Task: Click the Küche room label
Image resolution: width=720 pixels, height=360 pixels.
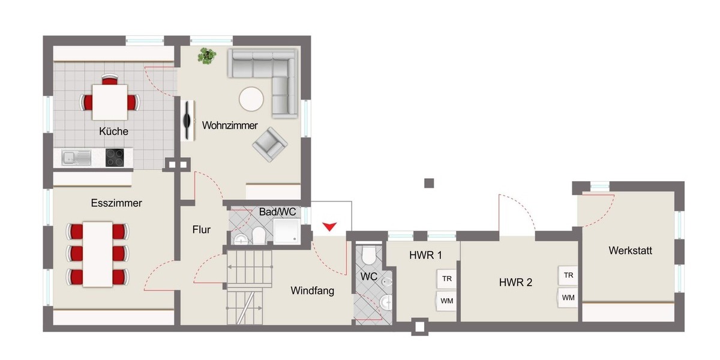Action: pyautogui.click(x=114, y=131)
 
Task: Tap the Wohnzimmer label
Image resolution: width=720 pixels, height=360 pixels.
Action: pyautogui.click(x=230, y=126)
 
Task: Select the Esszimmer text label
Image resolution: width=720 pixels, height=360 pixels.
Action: pyautogui.click(x=116, y=203)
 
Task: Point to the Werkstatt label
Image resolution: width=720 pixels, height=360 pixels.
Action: pyautogui.click(x=630, y=250)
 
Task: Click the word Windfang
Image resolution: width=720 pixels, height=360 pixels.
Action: pyautogui.click(x=312, y=291)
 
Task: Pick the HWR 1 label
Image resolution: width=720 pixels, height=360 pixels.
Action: pyautogui.click(x=425, y=255)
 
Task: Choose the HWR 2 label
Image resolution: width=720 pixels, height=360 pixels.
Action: pyautogui.click(x=515, y=283)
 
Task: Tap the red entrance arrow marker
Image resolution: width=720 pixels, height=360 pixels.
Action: pyautogui.click(x=329, y=226)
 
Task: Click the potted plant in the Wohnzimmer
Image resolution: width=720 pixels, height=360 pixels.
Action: pyautogui.click(x=207, y=56)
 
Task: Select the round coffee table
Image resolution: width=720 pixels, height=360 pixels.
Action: pyautogui.click(x=251, y=99)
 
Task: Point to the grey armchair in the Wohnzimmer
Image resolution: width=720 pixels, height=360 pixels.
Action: pyautogui.click(x=269, y=145)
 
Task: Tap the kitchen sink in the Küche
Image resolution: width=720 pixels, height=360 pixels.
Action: pyautogui.click(x=76, y=158)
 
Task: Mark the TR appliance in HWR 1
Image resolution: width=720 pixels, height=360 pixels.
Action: pyautogui.click(x=446, y=278)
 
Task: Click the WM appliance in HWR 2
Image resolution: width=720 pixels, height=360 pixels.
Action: pyautogui.click(x=568, y=297)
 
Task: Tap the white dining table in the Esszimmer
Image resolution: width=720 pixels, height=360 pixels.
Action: pyautogui.click(x=98, y=253)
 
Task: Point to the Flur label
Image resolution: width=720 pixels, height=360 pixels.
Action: pyautogui.click(x=202, y=229)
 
